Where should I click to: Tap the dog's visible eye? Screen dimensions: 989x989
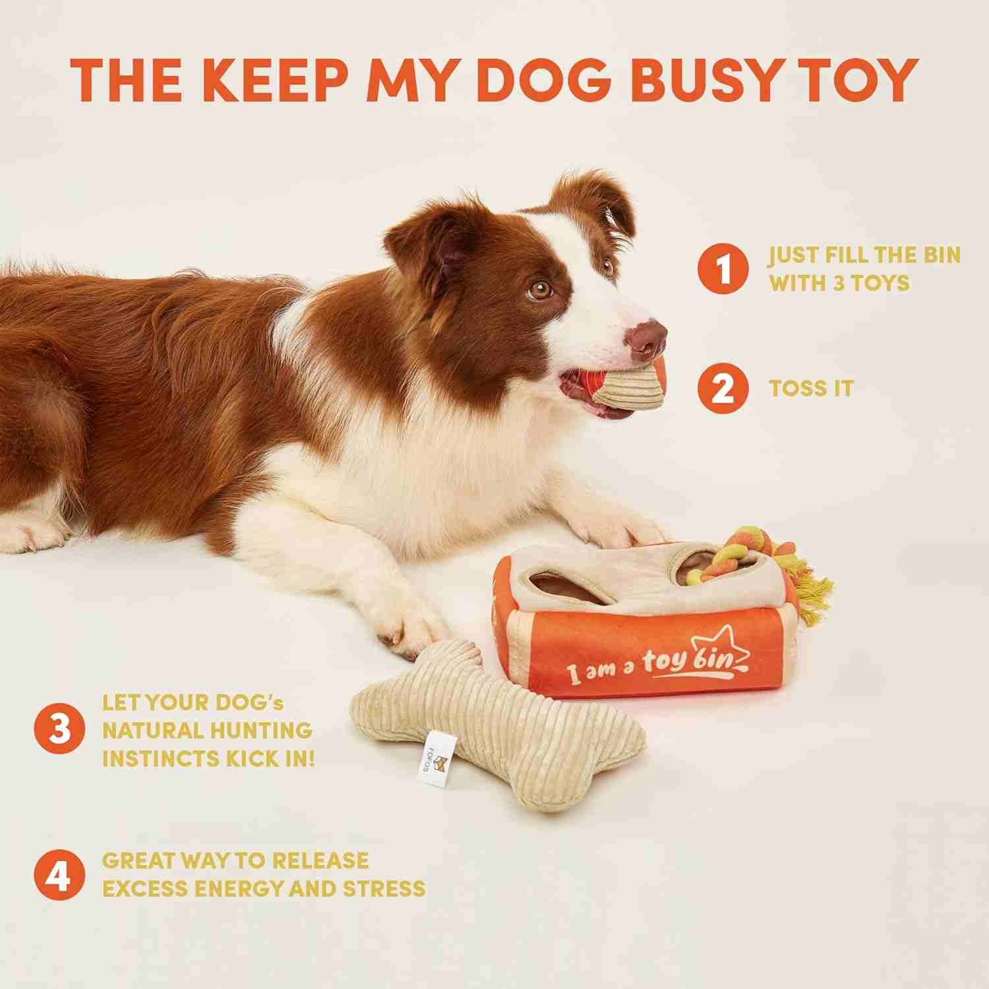pyautogui.click(x=540, y=289)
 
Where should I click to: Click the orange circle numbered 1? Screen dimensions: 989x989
pyautogui.click(x=723, y=269)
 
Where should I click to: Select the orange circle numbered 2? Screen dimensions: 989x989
pyautogui.click(x=723, y=388)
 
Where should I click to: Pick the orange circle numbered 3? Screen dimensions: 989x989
pyautogui.click(x=60, y=731)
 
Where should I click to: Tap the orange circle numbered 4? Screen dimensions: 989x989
pyautogui.click(x=60, y=875)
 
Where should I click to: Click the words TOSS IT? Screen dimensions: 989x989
pyautogui.click(x=810, y=388)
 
